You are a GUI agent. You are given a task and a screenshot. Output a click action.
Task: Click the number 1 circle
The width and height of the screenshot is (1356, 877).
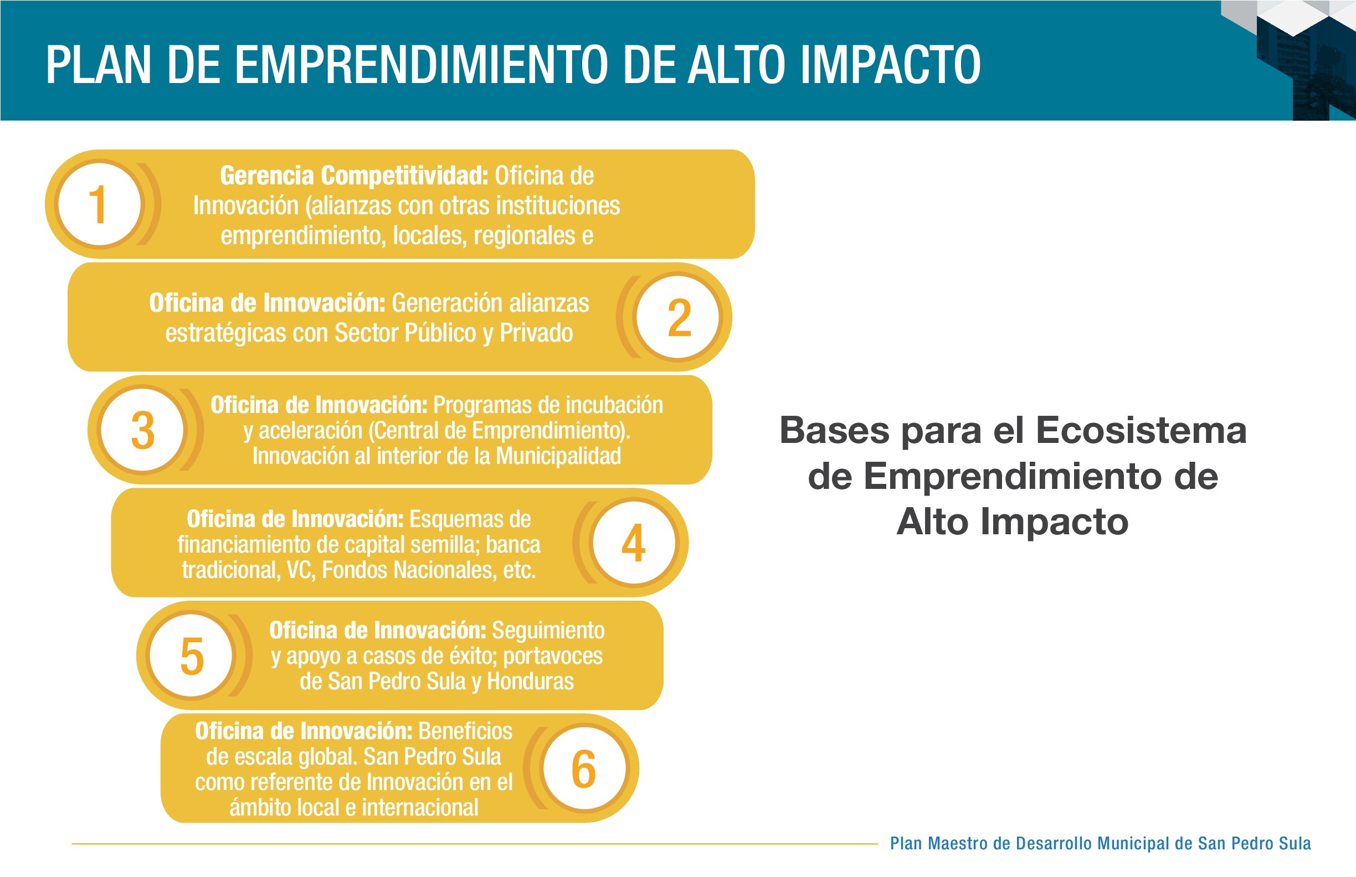100,204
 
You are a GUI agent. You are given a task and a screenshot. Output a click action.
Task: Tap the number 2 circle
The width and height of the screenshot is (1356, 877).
679,317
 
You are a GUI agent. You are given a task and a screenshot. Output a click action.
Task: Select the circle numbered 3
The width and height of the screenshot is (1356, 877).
142,430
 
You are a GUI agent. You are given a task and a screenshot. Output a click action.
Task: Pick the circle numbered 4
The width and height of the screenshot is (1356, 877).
634,542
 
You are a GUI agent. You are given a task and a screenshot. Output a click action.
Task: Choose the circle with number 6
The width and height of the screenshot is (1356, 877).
584,768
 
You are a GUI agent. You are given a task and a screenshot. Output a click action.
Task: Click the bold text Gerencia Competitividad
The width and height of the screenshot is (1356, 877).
354,176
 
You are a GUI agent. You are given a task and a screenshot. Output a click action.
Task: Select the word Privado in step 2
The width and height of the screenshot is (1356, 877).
536,333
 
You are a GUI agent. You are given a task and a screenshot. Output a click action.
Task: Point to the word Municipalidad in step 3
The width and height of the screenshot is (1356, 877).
558,456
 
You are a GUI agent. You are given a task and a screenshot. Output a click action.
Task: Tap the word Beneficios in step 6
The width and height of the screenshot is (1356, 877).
465,731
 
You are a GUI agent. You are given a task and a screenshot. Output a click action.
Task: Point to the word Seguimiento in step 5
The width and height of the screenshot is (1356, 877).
548,631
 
